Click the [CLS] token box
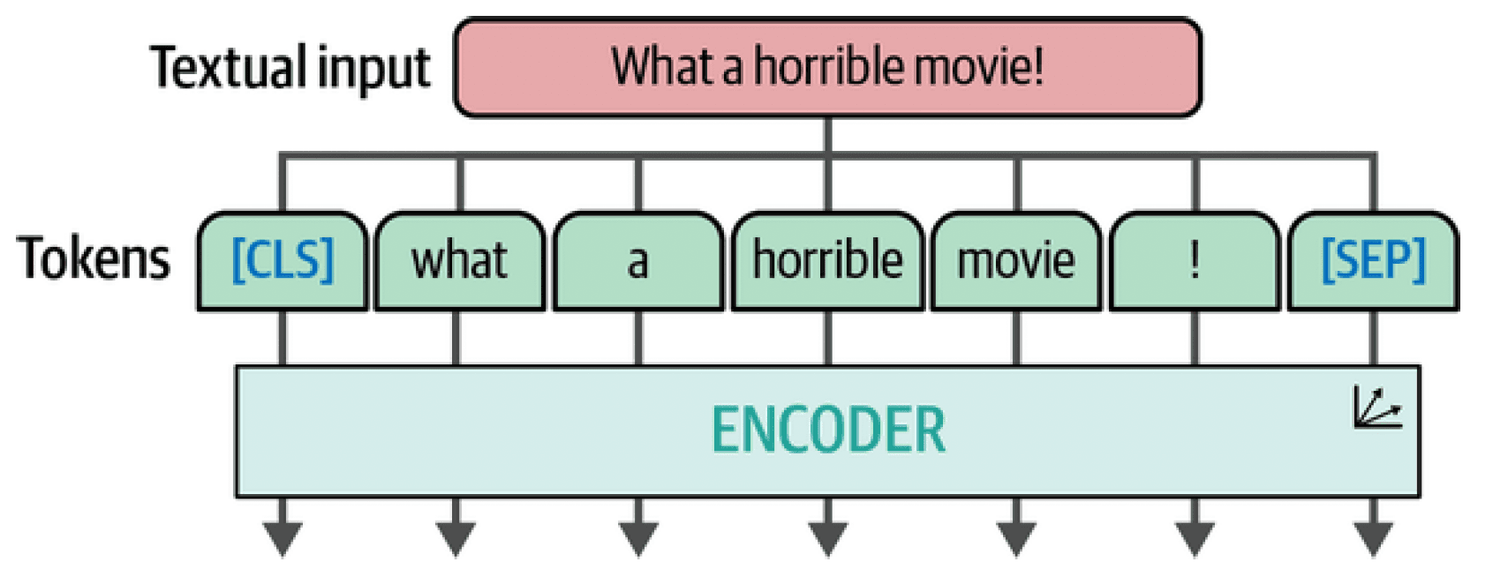click(x=283, y=261)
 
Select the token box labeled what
click(x=460, y=261)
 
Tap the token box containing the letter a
click(x=638, y=261)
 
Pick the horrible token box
click(x=828, y=261)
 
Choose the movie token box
click(x=1016, y=261)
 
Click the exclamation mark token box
click(x=1195, y=261)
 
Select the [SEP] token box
click(x=1374, y=261)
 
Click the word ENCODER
click(x=828, y=430)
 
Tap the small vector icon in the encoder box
click(x=1377, y=408)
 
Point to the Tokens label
click(x=94, y=259)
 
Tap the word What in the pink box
click(x=662, y=66)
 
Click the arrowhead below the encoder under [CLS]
click(x=283, y=540)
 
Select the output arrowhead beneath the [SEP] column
click(x=1374, y=540)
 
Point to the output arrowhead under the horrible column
click(x=828, y=540)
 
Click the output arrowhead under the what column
click(x=456, y=540)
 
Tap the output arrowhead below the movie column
click(x=1016, y=540)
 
